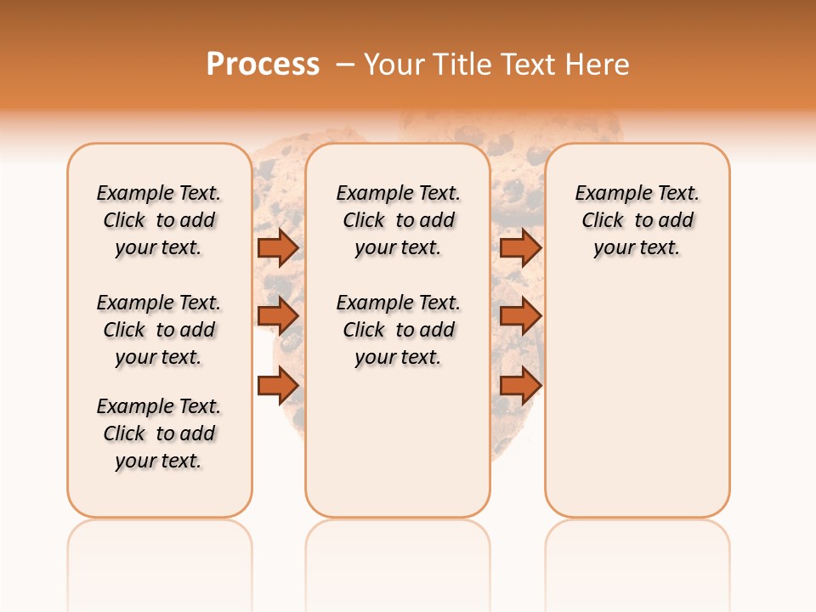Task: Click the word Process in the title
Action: (263, 65)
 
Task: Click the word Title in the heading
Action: (464, 65)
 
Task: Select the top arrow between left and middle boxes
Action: (278, 247)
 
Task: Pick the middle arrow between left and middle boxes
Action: (278, 316)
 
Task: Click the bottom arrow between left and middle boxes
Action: (278, 385)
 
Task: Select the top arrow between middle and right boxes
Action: (520, 247)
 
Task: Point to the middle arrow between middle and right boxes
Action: (520, 316)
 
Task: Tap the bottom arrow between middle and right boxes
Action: (520, 385)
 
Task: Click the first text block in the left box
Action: (159, 220)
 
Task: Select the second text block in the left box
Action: (159, 330)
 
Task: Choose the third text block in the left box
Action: (159, 433)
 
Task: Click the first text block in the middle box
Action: (399, 220)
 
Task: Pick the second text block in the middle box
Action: (399, 330)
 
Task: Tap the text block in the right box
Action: (637, 220)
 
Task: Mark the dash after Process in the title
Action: (346, 65)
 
